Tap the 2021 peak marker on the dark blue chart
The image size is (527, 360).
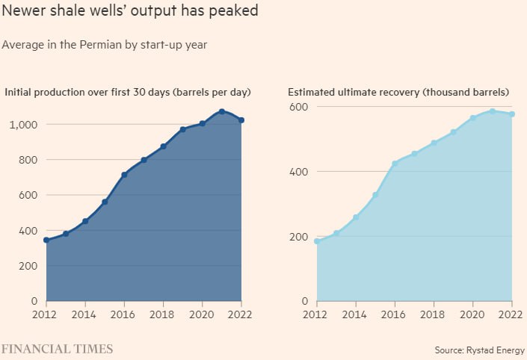tap(222, 111)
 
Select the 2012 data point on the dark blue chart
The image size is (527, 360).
tap(46, 240)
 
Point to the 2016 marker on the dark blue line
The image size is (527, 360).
tap(124, 175)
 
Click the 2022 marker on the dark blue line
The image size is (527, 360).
tap(241, 120)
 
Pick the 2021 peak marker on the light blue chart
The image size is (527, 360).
tap(493, 111)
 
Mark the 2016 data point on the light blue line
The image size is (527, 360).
tap(395, 163)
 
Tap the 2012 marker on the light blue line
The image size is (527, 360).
tap(317, 241)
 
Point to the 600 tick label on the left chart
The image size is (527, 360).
tap(28, 195)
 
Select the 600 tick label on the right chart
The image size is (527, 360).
tap(298, 107)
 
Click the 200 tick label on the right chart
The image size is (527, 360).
tap(298, 237)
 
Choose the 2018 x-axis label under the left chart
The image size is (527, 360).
tap(163, 315)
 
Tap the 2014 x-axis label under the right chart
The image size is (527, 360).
tap(356, 315)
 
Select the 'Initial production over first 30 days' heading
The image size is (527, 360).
tap(127, 93)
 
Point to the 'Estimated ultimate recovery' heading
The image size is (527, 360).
tap(398, 93)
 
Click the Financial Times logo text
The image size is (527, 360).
tap(57, 349)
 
